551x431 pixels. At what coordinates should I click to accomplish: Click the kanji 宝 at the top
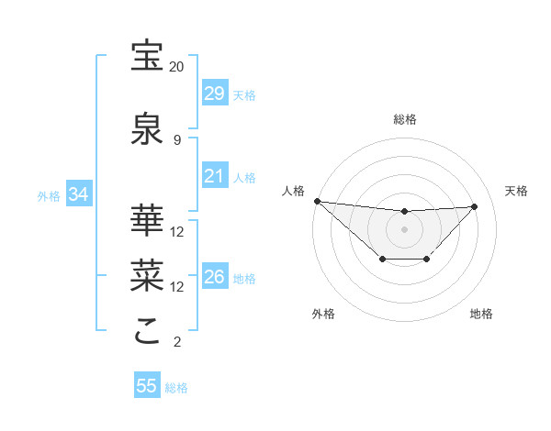click(148, 57)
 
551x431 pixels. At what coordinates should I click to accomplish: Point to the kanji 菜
click(148, 274)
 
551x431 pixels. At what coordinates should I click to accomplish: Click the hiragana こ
click(148, 331)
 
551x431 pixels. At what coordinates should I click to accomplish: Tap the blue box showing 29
click(215, 94)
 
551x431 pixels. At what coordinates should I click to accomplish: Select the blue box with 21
click(215, 176)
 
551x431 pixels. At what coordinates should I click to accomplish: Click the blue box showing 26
click(215, 277)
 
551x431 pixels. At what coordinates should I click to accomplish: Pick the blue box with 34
click(78, 194)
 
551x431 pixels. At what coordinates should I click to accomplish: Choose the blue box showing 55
click(147, 386)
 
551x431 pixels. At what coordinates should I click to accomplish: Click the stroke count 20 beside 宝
click(176, 67)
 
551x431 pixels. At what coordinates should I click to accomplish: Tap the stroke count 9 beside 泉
click(176, 139)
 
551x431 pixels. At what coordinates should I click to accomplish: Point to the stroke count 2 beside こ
click(176, 342)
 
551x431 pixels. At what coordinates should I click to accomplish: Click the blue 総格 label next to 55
click(176, 388)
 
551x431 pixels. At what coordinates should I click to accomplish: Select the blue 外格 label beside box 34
click(49, 196)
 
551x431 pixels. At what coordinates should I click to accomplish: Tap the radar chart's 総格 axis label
click(404, 119)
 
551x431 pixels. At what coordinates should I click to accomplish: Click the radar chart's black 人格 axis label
click(292, 191)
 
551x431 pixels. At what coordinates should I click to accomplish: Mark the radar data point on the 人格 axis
click(317, 201)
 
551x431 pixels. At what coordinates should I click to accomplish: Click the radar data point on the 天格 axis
click(475, 206)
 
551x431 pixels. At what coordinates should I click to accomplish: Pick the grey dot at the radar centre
click(404, 228)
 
